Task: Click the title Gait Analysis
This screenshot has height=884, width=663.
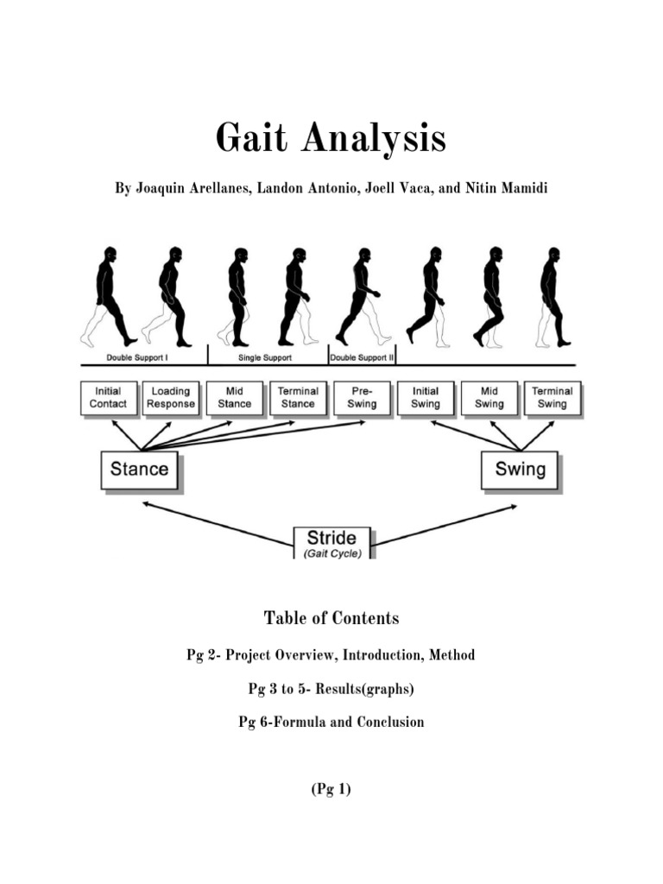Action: pos(331,138)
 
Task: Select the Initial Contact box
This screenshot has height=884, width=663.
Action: pos(108,397)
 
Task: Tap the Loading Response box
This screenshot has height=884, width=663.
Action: pos(170,397)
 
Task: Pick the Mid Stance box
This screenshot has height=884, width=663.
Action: pos(234,397)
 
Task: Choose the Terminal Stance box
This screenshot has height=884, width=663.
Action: pos(297,397)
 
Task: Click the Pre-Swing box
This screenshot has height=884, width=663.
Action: pos(361,397)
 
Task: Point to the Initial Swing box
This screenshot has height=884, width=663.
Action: pos(425,397)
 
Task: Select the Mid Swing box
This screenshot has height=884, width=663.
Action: pos(489,397)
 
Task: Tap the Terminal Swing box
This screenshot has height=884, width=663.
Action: pos(552,397)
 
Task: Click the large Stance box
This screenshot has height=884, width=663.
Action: pos(139,470)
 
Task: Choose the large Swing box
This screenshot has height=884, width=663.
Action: pos(520,470)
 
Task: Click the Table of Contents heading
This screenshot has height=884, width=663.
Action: pos(331,618)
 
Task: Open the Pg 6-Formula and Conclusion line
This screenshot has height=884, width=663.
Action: pos(331,722)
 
